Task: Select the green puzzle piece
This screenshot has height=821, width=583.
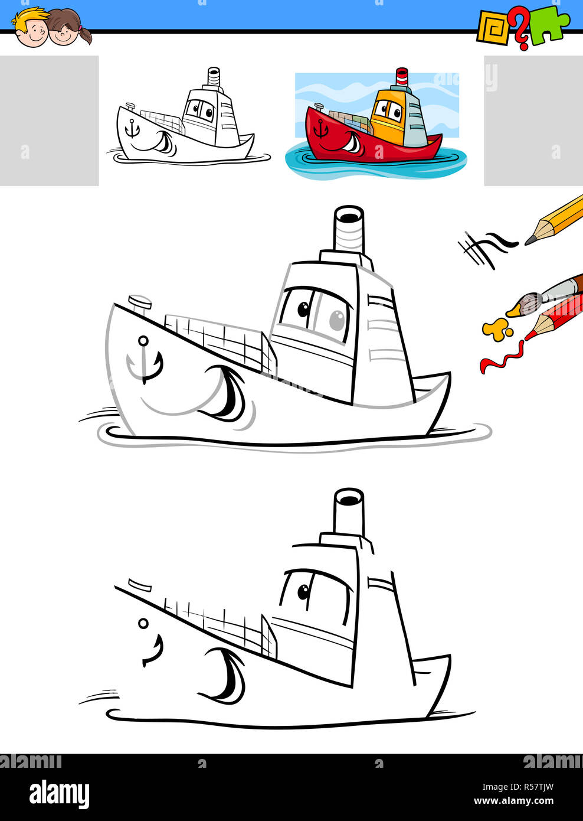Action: tap(549, 27)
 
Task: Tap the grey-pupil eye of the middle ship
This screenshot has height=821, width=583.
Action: tap(336, 320)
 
